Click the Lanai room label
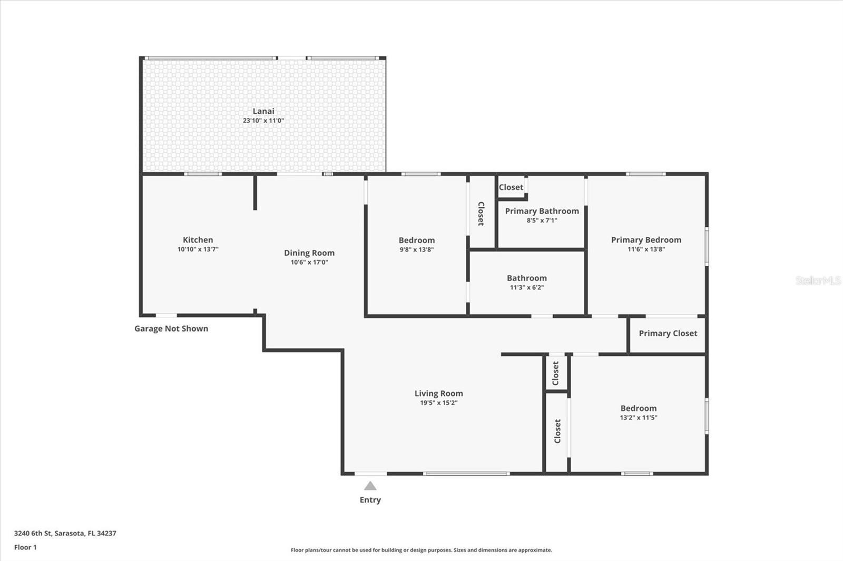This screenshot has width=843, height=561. click(263, 111)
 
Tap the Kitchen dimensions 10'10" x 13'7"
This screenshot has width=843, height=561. click(198, 249)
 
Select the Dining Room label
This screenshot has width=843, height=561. click(309, 253)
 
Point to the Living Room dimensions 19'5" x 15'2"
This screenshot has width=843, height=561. click(439, 403)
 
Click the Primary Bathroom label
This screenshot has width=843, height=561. click(542, 212)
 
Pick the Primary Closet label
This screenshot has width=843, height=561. click(668, 334)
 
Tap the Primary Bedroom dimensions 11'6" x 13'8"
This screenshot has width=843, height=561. click(646, 249)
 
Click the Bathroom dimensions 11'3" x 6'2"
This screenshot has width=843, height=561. click(527, 288)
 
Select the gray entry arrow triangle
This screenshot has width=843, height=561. click(370, 486)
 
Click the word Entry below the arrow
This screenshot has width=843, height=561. click(370, 500)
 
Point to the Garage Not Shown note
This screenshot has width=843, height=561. click(171, 328)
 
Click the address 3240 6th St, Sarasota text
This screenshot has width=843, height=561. click(65, 533)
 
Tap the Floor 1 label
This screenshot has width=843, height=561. click(26, 547)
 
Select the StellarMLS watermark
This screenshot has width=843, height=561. click(819, 280)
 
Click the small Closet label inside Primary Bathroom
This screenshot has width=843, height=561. click(511, 187)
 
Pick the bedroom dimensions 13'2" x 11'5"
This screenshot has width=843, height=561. click(639, 417)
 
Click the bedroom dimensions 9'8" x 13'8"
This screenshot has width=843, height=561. click(417, 249)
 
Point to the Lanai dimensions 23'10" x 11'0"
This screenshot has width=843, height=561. click(263, 121)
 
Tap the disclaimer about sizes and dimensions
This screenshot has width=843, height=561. click(421, 550)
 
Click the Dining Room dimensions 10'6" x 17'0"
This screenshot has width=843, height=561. click(309, 262)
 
